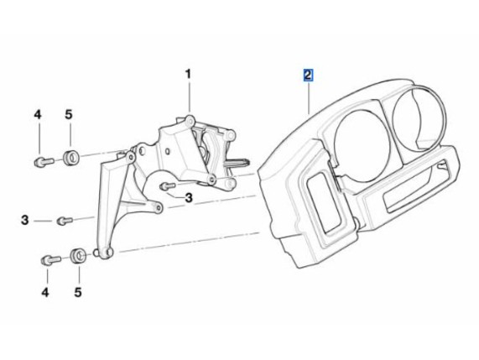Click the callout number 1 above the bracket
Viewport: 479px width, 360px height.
coord(188,74)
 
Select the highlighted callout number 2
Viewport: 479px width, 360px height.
coord(308,76)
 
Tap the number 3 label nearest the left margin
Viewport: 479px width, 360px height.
coord(24,220)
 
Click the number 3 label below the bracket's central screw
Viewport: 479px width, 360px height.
coord(189,198)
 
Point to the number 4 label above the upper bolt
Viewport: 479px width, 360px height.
coord(37,115)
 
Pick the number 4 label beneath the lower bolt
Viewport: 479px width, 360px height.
coord(45,293)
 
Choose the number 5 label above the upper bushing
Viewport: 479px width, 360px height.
coord(69,115)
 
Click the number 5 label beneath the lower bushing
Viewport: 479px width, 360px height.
coord(78,293)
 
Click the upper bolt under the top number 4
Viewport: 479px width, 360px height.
coord(44,162)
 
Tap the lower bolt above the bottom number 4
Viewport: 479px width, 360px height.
coord(51,260)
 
